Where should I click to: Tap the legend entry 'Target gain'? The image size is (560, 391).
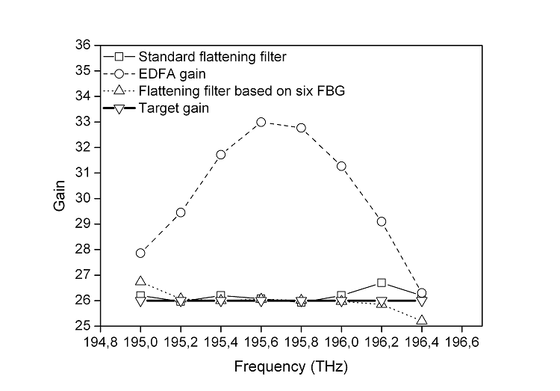coord(173,108)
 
